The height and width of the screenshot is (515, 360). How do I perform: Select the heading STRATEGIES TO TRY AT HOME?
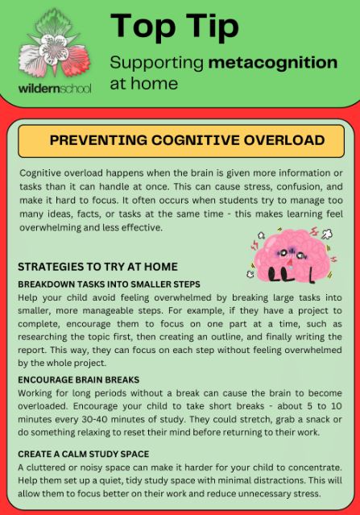97,267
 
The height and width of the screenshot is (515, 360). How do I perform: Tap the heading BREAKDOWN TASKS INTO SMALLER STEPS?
109,284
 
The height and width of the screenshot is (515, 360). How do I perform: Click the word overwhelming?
54,227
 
